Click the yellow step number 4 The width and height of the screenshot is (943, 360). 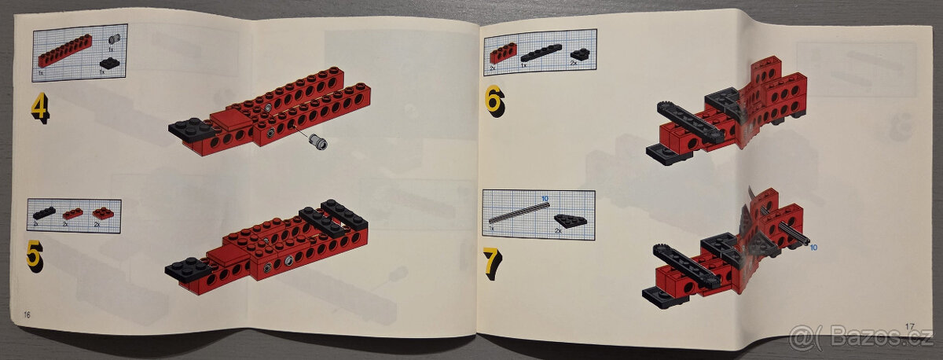39,108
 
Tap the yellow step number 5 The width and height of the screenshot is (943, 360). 35,255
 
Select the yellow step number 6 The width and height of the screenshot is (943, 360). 495,100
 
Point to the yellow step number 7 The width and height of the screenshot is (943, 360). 492,263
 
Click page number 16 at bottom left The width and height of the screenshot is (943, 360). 27,314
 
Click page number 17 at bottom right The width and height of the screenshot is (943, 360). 910,326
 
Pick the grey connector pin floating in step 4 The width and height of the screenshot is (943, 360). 319,141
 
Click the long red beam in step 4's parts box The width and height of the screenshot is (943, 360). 64,51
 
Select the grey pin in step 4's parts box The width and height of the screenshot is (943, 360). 113,39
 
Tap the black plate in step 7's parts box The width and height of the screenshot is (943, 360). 570,221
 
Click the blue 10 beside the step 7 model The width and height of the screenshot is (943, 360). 813,247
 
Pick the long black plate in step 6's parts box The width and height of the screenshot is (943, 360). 541,53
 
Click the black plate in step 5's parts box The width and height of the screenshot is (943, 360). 44,212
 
